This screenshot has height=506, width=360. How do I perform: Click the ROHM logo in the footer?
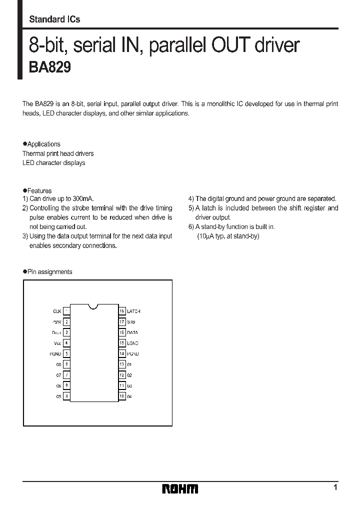pyautogui.click(x=180, y=489)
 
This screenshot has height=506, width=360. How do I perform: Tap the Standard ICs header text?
pyautogui.click(x=54, y=19)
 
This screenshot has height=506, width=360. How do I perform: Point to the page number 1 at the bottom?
pyautogui.click(x=335, y=487)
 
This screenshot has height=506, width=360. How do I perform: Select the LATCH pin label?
pyautogui.click(x=133, y=311)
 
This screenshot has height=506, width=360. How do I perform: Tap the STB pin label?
pyautogui.click(x=131, y=322)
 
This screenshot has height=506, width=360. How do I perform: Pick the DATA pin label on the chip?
pyautogui.click(x=132, y=332)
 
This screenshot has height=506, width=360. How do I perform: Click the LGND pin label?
pyautogui.click(x=132, y=343)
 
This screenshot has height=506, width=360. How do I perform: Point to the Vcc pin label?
pyautogui.click(x=57, y=343)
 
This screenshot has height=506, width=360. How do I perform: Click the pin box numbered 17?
pyautogui.click(x=121, y=322)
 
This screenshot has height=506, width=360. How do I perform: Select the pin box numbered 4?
pyautogui.click(x=66, y=343)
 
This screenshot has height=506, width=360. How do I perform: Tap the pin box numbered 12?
pyautogui.click(x=121, y=375)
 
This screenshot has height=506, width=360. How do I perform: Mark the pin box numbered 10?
pyautogui.click(x=121, y=396)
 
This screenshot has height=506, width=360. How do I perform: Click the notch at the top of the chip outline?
pyautogui.click(x=93, y=306)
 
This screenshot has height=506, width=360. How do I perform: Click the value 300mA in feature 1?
pyautogui.click(x=83, y=198)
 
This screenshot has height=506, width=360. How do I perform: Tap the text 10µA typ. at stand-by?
pyautogui.click(x=228, y=236)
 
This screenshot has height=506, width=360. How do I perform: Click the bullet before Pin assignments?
pyautogui.click(x=24, y=272)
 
